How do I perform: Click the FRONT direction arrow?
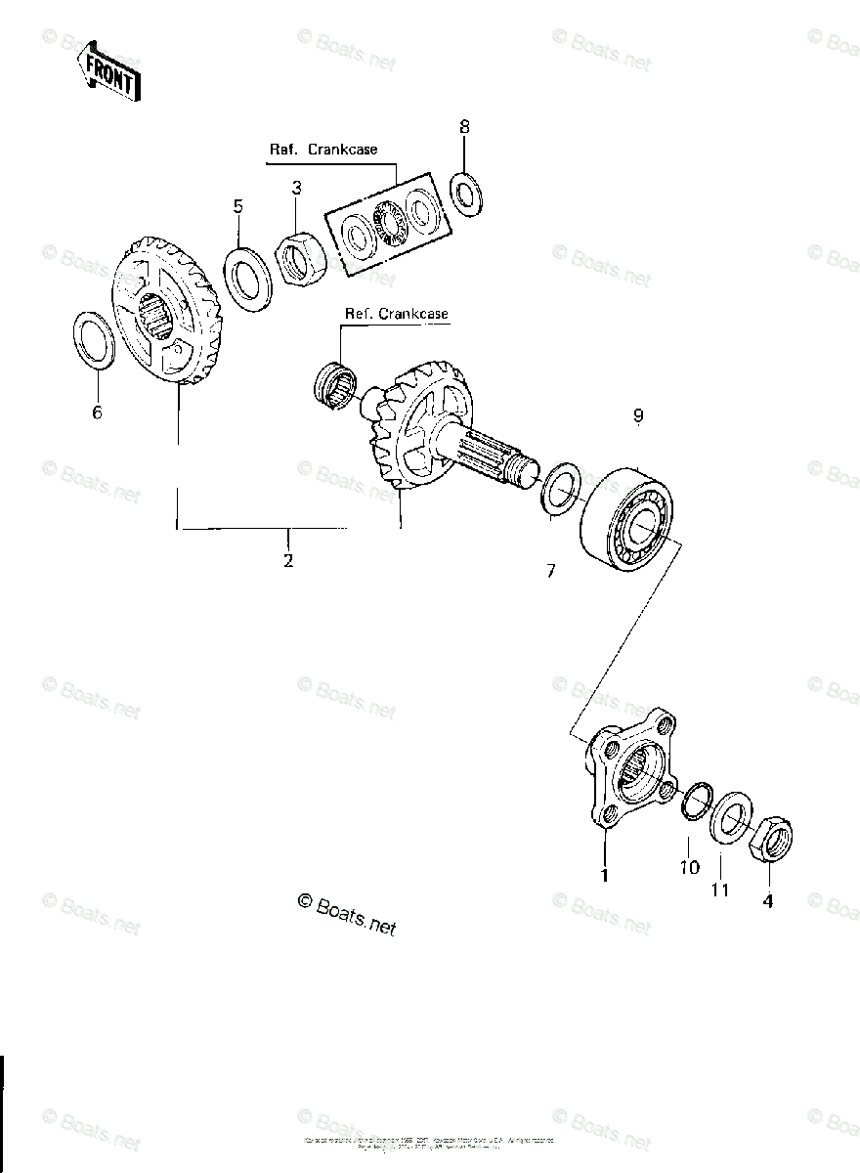tap(108, 70)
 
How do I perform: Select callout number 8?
tap(464, 126)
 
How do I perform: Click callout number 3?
tap(296, 187)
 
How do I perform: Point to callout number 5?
tap(237, 206)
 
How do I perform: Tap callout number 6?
tap(97, 413)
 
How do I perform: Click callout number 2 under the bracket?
tap(288, 561)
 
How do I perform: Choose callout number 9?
tap(638, 416)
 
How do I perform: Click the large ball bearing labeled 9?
tap(625, 518)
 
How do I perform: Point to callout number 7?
tap(550, 571)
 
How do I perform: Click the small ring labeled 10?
tap(695, 799)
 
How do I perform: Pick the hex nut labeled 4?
tap(770, 839)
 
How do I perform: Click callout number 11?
tap(720, 891)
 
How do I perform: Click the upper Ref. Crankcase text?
tap(323, 150)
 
